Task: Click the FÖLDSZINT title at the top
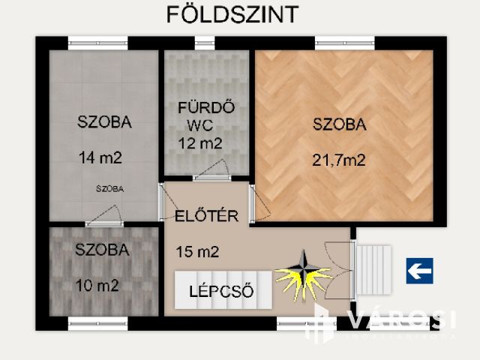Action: pyautogui.click(x=232, y=14)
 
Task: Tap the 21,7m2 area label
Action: pyautogui.click(x=340, y=159)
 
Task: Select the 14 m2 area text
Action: pyautogui.click(x=100, y=157)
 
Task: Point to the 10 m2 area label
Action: pyautogui.click(x=97, y=285)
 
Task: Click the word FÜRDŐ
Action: pyautogui.click(x=205, y=108)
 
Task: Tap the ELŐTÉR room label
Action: pyautogui.click(x=206, y=217)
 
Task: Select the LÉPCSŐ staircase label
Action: pyautogui.click(x=223, y=291)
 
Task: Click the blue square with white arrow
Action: pyautogui.click(x=419, y=270)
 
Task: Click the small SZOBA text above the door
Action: pyautogui.click(x=110, y=188)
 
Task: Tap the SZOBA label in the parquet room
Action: pyautogui.click(x=340, y=125)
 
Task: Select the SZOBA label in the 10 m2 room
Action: pyautogui.click(x=102, y=250)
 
